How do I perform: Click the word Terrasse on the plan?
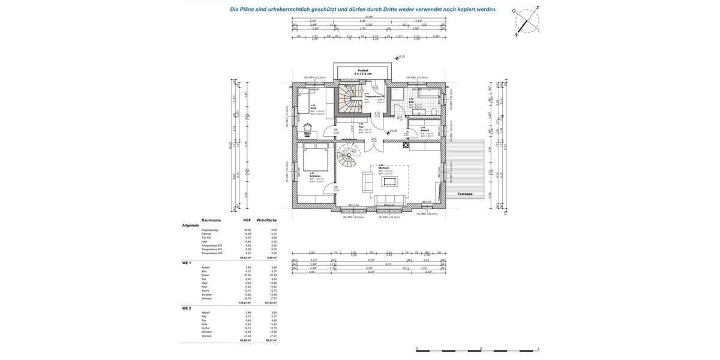(465, 194)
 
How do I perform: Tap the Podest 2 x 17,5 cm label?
(363, 72)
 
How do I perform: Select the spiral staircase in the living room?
(348, 157)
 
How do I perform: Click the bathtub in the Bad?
(428, 94)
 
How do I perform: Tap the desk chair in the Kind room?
(308, 127)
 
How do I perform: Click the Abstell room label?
(424, 130)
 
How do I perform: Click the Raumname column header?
(211, 220)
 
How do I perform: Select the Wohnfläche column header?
(266, 220)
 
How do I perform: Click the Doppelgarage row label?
(210, 230)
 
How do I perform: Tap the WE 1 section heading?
(187, 263)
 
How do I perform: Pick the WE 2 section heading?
(187, 308)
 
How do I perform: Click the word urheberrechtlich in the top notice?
(289, 9)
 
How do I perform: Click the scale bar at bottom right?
(478, 350)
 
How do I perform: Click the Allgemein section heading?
(191, 226)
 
